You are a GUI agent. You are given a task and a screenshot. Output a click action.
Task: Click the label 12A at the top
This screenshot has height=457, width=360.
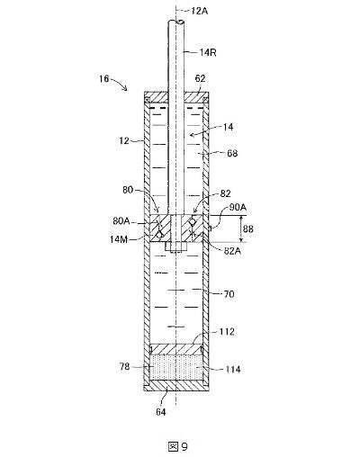[x=200, y=11]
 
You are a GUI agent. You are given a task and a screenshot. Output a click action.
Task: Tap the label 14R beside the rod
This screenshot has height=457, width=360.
[x=208, y=52]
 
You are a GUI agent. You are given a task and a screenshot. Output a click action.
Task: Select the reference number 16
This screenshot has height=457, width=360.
[x=104, y=79]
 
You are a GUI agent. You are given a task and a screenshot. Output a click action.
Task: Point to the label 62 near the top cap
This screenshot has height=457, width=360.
[x=200, y=78]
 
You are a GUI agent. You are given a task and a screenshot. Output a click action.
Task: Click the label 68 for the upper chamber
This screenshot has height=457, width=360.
[x=232, y=153]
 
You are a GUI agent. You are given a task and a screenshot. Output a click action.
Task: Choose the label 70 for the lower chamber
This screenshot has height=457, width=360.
[x=229, y=294]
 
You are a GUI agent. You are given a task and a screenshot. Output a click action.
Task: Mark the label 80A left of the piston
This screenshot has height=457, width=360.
[x=121, y=221]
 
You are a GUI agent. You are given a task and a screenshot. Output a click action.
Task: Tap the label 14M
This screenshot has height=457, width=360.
[x=119, y=239]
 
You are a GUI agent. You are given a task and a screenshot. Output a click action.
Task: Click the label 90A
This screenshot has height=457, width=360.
[x=238, y=207]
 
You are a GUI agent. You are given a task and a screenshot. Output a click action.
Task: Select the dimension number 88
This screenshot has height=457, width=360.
[x=248, y=229]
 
